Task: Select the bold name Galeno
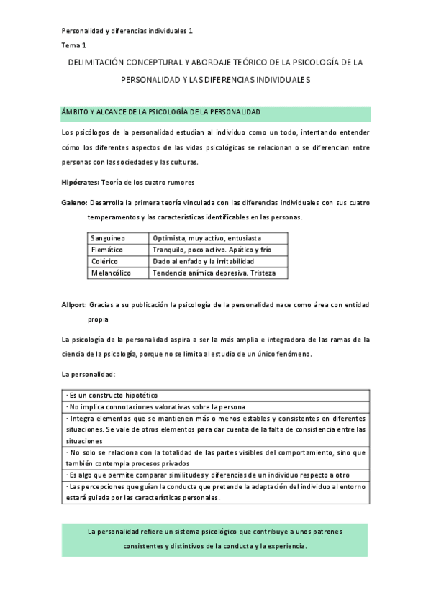coord(74,203)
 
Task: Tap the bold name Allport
coord(74,305)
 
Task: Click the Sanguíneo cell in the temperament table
coord(108,237)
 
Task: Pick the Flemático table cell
coord(108,249)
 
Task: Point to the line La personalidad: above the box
coord(83,375)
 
